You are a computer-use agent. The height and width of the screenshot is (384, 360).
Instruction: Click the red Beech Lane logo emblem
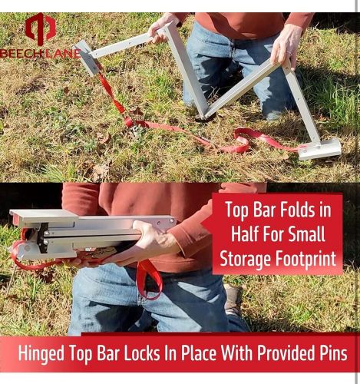coord(41,29)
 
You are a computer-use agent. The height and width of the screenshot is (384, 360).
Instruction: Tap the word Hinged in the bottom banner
coord(41,354)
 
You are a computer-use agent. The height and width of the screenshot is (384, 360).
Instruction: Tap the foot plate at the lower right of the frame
coord(320,149)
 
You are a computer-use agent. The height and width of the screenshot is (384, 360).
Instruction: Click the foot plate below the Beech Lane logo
coord(87,58)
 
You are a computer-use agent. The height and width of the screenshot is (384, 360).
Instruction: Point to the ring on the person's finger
coord(289,52)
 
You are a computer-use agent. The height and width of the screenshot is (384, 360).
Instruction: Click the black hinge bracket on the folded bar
coord(42,237)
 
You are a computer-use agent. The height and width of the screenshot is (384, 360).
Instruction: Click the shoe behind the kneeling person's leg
coord(233,300)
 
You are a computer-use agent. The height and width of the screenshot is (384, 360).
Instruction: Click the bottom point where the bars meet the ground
coord(205,118)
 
